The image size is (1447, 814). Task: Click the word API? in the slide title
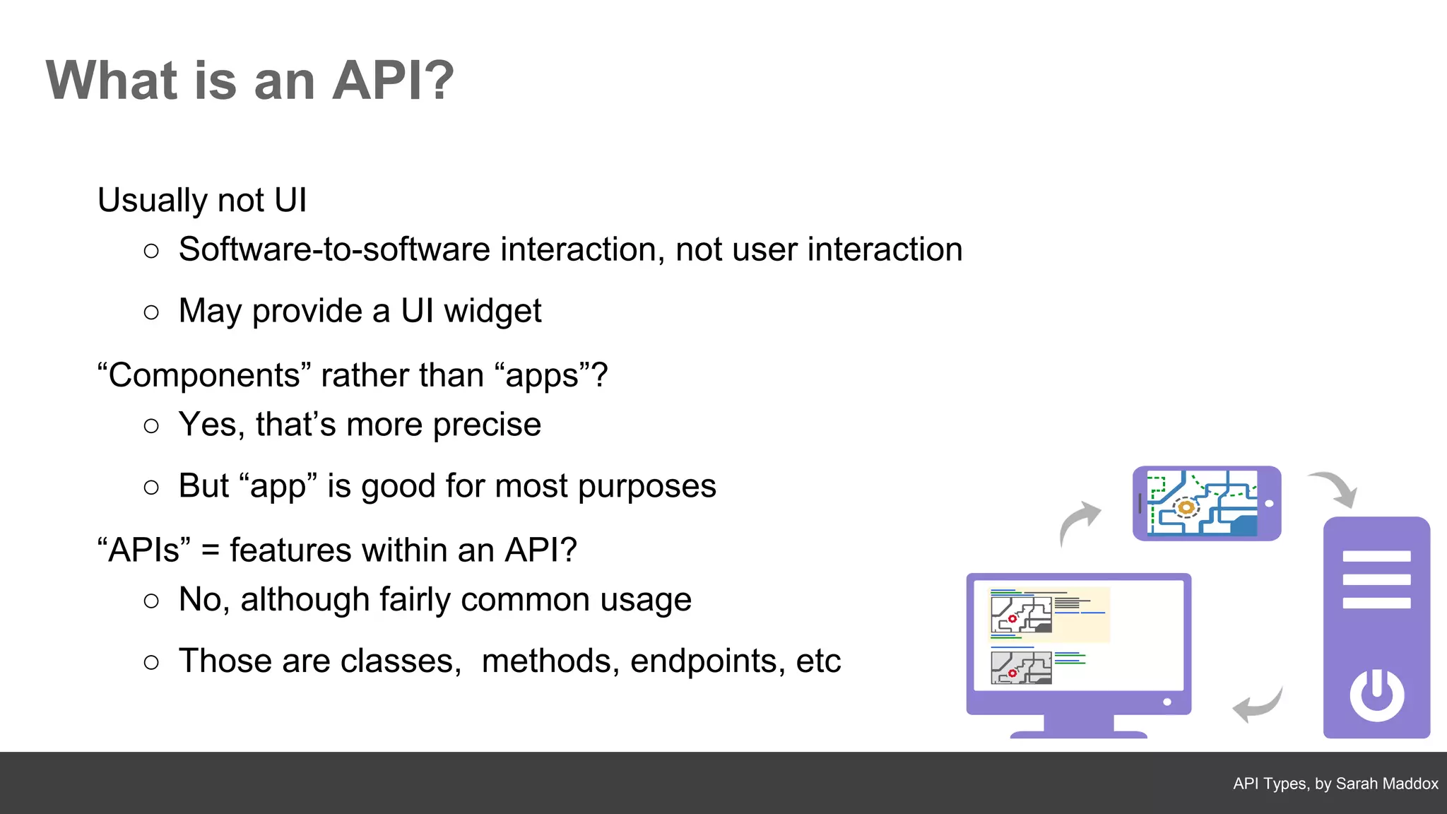(393, 81)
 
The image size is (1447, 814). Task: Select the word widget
(492, 312)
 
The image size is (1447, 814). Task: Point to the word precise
(487, 425)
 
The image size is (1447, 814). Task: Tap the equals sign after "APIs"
(210, 550)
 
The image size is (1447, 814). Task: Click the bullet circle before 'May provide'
(151, 312)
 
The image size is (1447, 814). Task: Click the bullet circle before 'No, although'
(151, 601)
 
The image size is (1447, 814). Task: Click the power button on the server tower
(1376, 695)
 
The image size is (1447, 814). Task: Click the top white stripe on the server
(1376, 556)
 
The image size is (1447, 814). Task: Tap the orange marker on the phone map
(1186, 507)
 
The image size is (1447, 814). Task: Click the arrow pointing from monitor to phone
(1079, 522)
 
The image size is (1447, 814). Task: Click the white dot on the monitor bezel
(1167, 702)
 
